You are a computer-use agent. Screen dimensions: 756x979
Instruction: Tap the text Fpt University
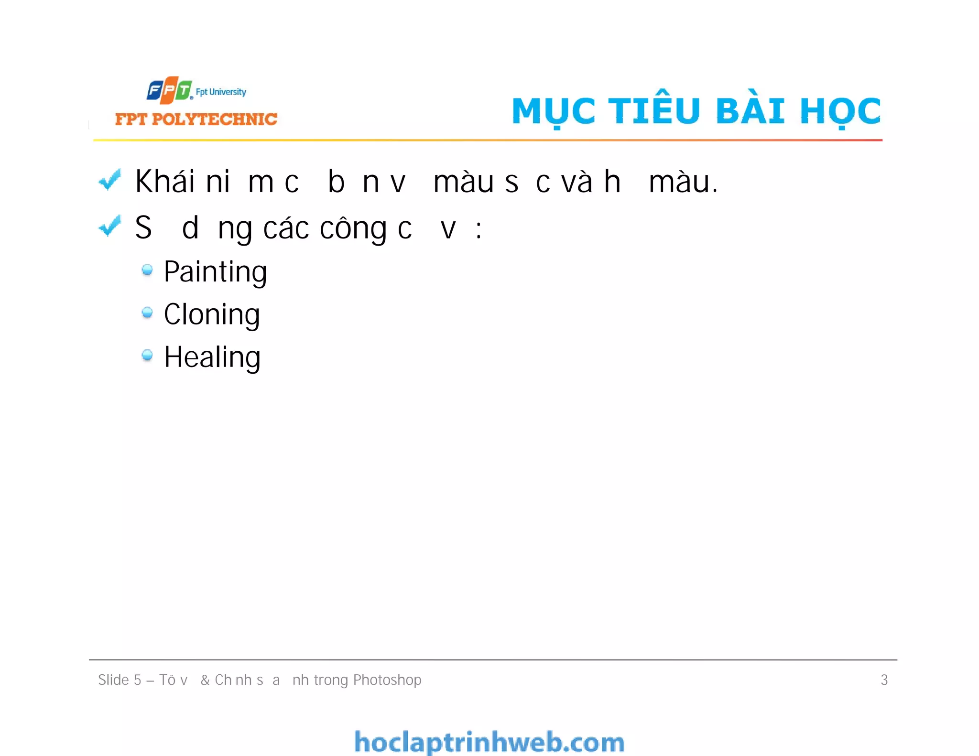[221, 92]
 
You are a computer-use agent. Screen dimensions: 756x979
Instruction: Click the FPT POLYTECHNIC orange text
[196, 119]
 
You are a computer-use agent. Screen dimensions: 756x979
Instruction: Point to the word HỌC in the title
[840, 111]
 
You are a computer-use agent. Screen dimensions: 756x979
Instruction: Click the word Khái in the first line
[165, 182]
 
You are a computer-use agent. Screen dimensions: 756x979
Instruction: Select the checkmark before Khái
[109, 180]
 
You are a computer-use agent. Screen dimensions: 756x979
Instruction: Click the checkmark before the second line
[109, 226]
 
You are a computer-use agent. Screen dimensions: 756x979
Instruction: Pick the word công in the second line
[353, 228]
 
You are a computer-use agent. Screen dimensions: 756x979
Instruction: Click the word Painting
[215, 272]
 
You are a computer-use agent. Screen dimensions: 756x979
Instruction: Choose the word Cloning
[212, 314]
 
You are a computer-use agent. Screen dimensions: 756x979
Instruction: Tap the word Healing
[212, 357]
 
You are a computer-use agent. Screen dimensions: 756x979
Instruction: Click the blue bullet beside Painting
[147, 270]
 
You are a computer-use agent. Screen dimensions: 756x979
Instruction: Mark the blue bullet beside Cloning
[147, 313]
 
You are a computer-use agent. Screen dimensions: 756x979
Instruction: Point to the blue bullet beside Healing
[147, 355]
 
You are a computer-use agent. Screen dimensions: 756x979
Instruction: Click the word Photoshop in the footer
[387, 680]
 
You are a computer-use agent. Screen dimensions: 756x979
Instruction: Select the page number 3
[884, 680]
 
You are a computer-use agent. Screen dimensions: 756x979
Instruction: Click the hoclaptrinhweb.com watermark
[489, 742]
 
